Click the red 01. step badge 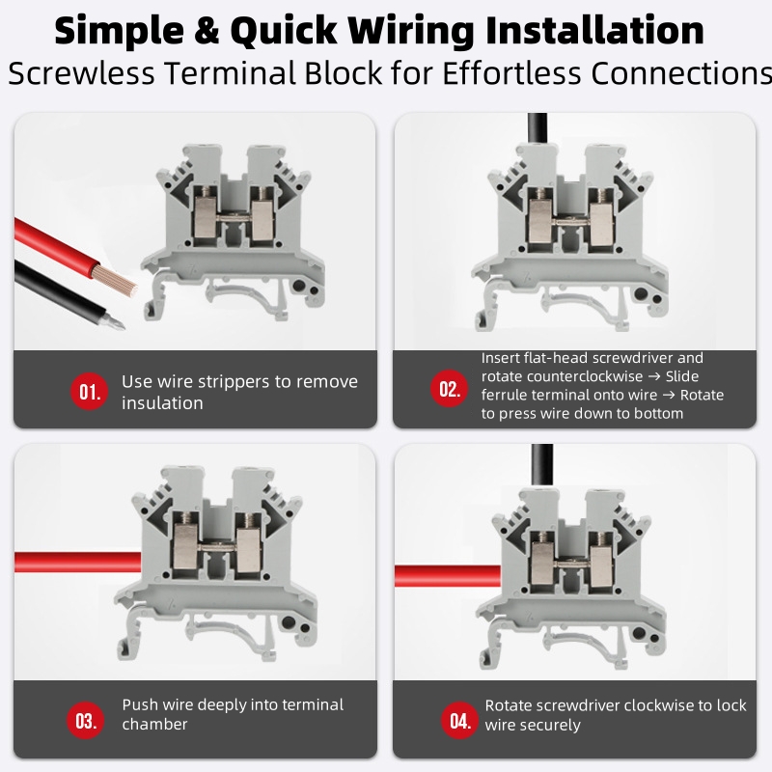pyautogui.click(x=89, y=392)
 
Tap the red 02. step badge pyautogui.click(x=449, y=389)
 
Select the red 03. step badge pyautogui.click(x=86, y=720)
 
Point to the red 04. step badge pyautogui.click(x=460, y=720)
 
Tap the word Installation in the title pyautogui.click(x=594, y=31)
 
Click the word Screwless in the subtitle pyautogui.click(x=81, y=73)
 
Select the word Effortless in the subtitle pyautogui.click(x=511, y=73)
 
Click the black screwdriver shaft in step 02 pyautogui.click(x=538, y=128)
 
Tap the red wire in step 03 pyautogui.click(x=78, y=563)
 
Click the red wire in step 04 pyautogui.click(x=448, y=576)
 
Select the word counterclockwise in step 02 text pyautogui.click(x=563, y=376)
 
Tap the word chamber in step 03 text pyautogui.click(x=154, y=725)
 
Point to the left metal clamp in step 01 pyautogui.click(x=207, y=215)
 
